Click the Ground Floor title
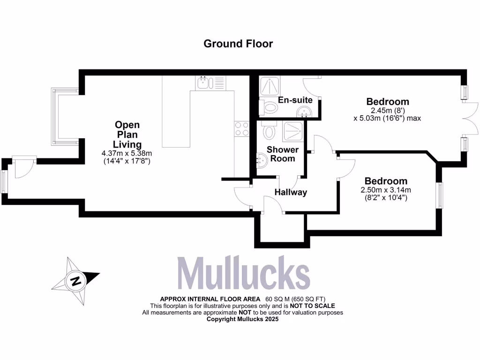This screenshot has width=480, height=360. click(x=238, y=44)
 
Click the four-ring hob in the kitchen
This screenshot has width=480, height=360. click(x=242, y=129)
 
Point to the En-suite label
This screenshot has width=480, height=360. click(x=295, y=100)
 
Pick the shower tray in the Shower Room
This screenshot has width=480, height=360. click(x=292, y=130)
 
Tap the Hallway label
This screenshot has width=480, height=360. click(x=291, y=192)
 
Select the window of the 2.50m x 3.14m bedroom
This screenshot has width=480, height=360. click(x=440, y=195)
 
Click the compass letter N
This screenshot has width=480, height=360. click(x=75, y=281)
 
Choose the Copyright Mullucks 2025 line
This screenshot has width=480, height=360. click(x=243, y=319)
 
